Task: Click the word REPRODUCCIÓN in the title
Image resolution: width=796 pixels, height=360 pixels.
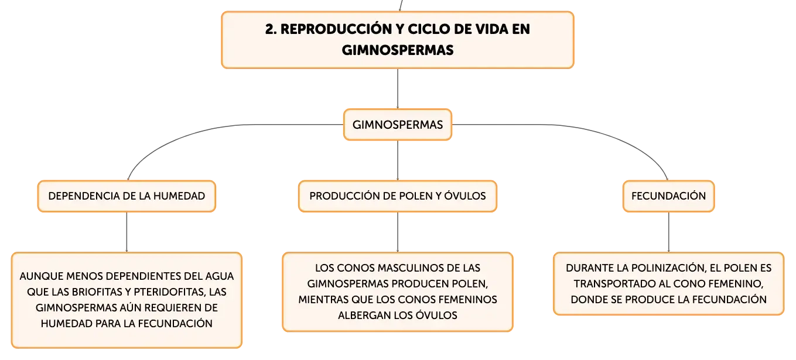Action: [x=336, y=29]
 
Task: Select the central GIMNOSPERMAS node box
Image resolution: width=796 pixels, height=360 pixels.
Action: [x=398, y=125]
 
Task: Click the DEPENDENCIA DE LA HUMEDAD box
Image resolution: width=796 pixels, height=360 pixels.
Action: [x=127, y=196]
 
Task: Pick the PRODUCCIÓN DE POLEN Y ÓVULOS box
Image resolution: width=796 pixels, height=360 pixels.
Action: [x=398, y=196]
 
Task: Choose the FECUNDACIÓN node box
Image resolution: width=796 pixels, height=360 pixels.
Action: [x=668, y=196]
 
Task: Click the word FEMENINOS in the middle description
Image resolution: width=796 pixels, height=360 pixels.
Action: [x=467, y=300]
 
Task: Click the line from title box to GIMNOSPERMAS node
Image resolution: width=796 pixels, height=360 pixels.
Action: [x=398, y=89]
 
